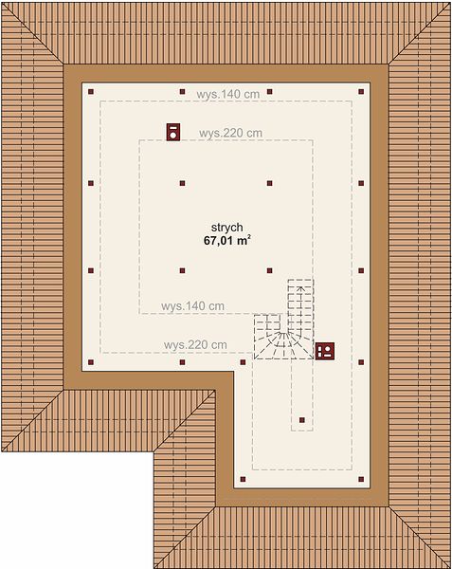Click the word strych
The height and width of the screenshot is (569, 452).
point(226,228)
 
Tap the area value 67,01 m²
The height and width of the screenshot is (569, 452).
point(227,240)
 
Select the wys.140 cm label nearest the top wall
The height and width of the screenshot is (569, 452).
point(228,94)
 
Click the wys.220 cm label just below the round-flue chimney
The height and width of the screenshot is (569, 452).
point(230,133)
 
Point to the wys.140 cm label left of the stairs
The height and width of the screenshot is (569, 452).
point(192,306)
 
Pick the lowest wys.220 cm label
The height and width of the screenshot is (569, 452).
point(195,345)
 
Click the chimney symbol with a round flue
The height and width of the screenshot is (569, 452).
point(173,132)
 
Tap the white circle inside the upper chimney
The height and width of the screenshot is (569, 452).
point(173,136)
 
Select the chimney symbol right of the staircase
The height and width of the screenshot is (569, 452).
point(325,351)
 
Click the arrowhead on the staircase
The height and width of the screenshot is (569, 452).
point(300,289)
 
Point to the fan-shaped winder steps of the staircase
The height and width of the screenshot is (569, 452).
point(283,345)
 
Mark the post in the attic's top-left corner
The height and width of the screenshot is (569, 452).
point(91,92)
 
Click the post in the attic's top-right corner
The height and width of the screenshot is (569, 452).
point(361,92)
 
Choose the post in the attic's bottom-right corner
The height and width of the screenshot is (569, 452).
point(361,479)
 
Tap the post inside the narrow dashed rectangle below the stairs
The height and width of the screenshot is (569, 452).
point(302,420)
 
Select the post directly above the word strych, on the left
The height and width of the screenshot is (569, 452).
point(182,183)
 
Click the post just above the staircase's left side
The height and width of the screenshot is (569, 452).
point(269,270)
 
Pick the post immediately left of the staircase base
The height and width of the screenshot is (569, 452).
point(243,362)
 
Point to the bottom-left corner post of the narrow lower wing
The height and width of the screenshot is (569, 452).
point(243,479)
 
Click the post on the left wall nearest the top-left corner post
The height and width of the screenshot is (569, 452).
point(91,183)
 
